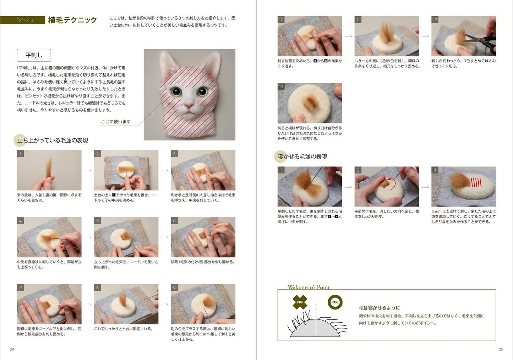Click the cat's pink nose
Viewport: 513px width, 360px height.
coord(189,106)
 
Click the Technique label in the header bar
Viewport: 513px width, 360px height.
coord(25,20)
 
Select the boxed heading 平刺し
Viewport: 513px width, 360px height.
coord(34,55)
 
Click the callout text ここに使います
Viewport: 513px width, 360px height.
coord(116,122)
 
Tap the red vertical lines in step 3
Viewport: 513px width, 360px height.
coord(476,182)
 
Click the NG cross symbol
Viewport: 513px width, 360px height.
coord(300,302)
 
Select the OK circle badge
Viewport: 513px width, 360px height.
coord(335,302)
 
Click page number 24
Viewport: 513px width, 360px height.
coord(12,349)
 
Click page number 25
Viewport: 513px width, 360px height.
coord(501,349)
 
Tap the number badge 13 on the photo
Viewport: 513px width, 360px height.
coord(281,87)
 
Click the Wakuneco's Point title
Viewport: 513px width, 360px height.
coord(309,287)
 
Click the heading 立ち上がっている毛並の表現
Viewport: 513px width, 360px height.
coord(53,140)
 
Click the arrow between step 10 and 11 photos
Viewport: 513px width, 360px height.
coord(348,36)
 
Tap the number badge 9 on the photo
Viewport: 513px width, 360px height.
coord(174,288)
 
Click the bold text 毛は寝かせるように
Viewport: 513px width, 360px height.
coord(379,308)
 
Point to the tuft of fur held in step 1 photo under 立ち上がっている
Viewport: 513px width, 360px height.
coord(49,168)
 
